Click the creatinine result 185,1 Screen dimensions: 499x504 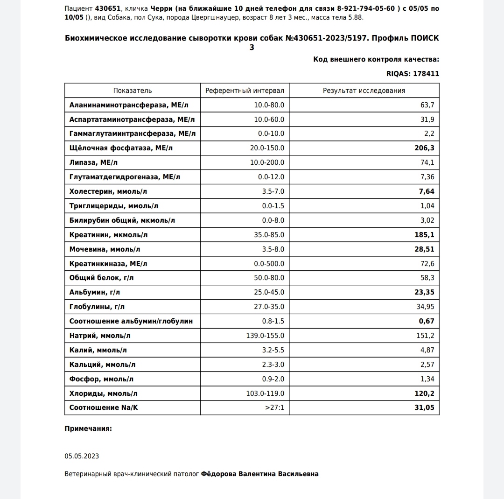tap(424, 235)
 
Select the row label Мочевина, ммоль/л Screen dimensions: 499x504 tap(105, 249)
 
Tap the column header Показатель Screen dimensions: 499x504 tap(133, 91)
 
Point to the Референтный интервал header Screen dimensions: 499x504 tap(245, 91)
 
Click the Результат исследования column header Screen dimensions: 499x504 tap(364, 91)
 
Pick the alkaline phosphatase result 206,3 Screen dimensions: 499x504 tap(424, 148)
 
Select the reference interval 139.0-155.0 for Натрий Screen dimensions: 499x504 tap(265, 336)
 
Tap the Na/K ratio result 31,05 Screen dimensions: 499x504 tap(424, 408)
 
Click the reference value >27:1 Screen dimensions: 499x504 tap(274, 408)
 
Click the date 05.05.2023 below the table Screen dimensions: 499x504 tap(82, 456)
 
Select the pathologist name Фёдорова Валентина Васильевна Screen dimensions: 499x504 tap(259, 474)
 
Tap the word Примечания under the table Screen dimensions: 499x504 tap(88, 429)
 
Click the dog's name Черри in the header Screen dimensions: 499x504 tap(161, 8)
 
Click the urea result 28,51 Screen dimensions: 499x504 tap(424, 249)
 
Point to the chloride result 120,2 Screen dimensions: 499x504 tap(424, 394)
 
